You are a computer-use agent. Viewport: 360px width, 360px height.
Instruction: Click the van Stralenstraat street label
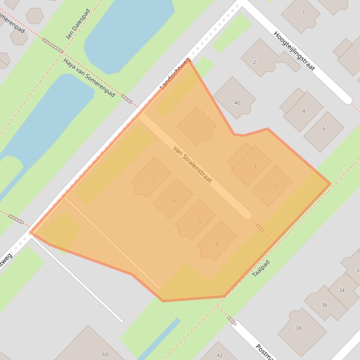(x=193, y=164)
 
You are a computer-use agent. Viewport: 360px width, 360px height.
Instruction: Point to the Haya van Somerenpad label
(x=89, y=78)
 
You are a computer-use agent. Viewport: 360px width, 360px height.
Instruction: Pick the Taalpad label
(x=261, y=268)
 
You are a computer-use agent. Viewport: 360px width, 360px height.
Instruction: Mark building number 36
(x=324, y=304)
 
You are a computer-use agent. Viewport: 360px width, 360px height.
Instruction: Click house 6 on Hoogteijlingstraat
(x=324, y=129)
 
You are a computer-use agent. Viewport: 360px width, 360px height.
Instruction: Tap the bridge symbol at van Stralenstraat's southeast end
(x=260, y=228)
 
